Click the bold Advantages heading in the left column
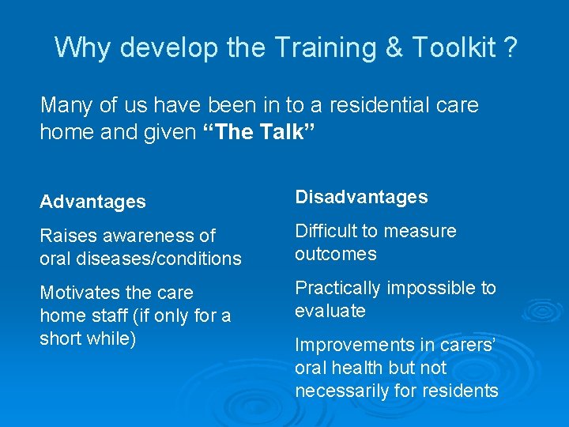tap(92, 202)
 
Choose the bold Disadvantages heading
tap(361, 197)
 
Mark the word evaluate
tap(330, 311)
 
